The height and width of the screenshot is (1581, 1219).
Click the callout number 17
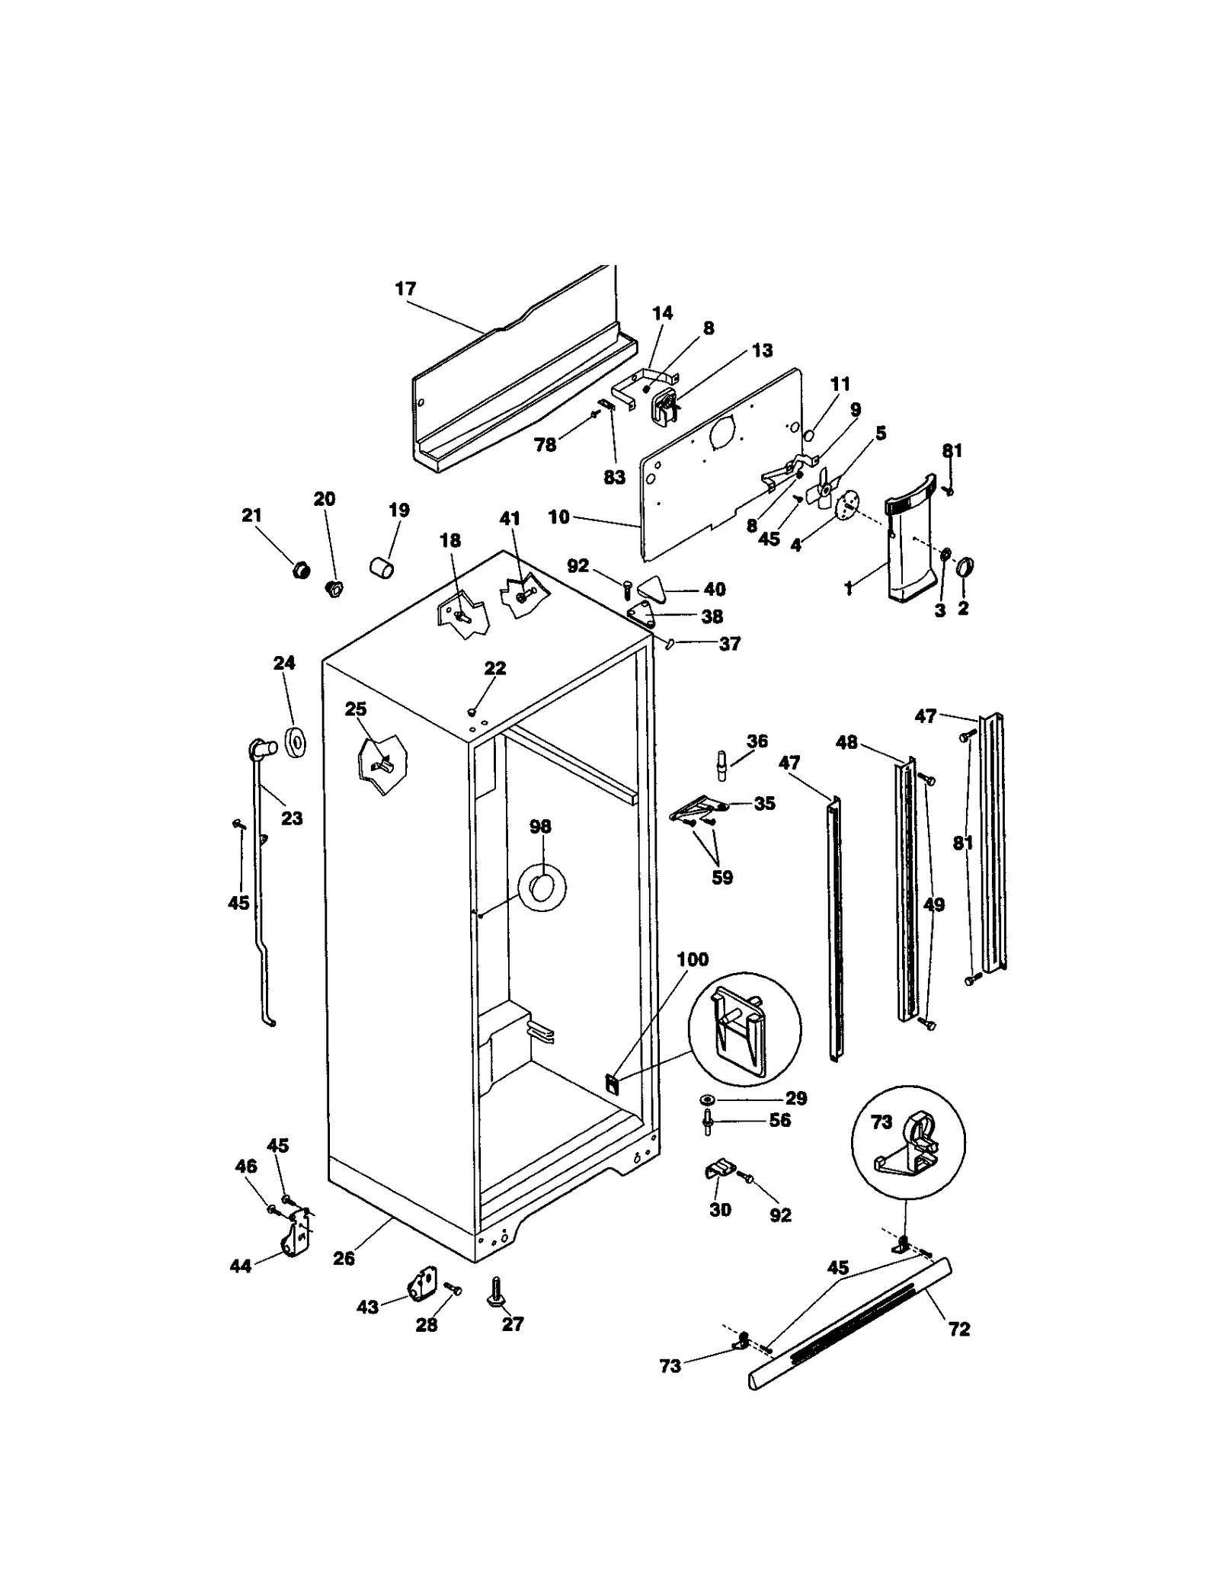point(405,290)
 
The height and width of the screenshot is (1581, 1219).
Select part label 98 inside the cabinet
point(539,827)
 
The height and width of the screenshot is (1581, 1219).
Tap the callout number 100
point(693,960)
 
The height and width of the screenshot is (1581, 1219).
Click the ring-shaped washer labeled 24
point(295,741)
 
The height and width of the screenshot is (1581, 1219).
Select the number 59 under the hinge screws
point(721,878)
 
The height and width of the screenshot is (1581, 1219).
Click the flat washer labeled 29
point(708,1099)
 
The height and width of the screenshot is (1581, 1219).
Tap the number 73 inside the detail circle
point(881,1144)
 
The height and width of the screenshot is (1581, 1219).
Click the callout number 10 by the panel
point(558,517)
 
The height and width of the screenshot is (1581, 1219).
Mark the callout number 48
point(846,742)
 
